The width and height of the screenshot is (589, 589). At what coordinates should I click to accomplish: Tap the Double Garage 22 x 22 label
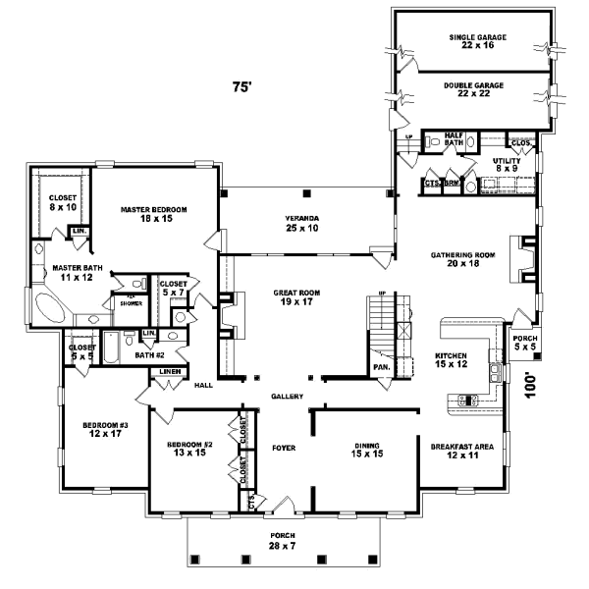[473, 89]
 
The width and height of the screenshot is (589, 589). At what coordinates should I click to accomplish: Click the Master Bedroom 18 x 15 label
[154, 214]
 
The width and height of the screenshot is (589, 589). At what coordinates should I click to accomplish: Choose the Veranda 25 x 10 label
[303, 222]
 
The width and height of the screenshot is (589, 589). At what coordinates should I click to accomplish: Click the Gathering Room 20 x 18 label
[460, 260]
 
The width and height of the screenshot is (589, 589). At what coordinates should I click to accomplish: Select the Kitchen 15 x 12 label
[451, 360]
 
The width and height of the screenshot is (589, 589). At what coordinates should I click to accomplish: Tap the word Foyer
[285, 448]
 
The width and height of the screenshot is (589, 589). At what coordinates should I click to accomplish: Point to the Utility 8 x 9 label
[506, 163]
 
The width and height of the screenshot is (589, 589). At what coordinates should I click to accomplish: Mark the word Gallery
[287, 397]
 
